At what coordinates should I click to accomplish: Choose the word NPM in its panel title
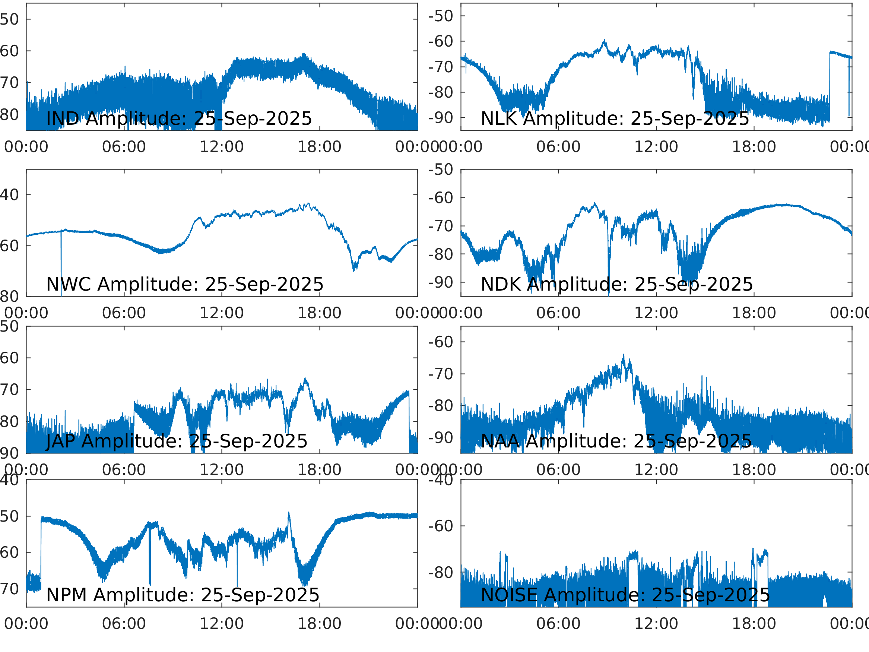point(66,595)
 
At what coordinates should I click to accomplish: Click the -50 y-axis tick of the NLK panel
point(441,16)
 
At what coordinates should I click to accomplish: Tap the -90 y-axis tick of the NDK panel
point(441,282)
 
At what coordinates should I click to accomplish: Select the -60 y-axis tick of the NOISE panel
point(441,526)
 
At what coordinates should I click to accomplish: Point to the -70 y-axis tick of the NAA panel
point(441,374)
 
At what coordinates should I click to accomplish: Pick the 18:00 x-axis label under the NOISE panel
point(754,624)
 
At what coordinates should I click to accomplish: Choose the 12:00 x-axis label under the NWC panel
point(222,313)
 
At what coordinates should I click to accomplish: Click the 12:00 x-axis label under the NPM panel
point(222,624)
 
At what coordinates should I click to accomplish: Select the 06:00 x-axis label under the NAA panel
point(558,470)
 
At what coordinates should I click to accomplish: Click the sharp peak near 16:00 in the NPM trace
point(289,513)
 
